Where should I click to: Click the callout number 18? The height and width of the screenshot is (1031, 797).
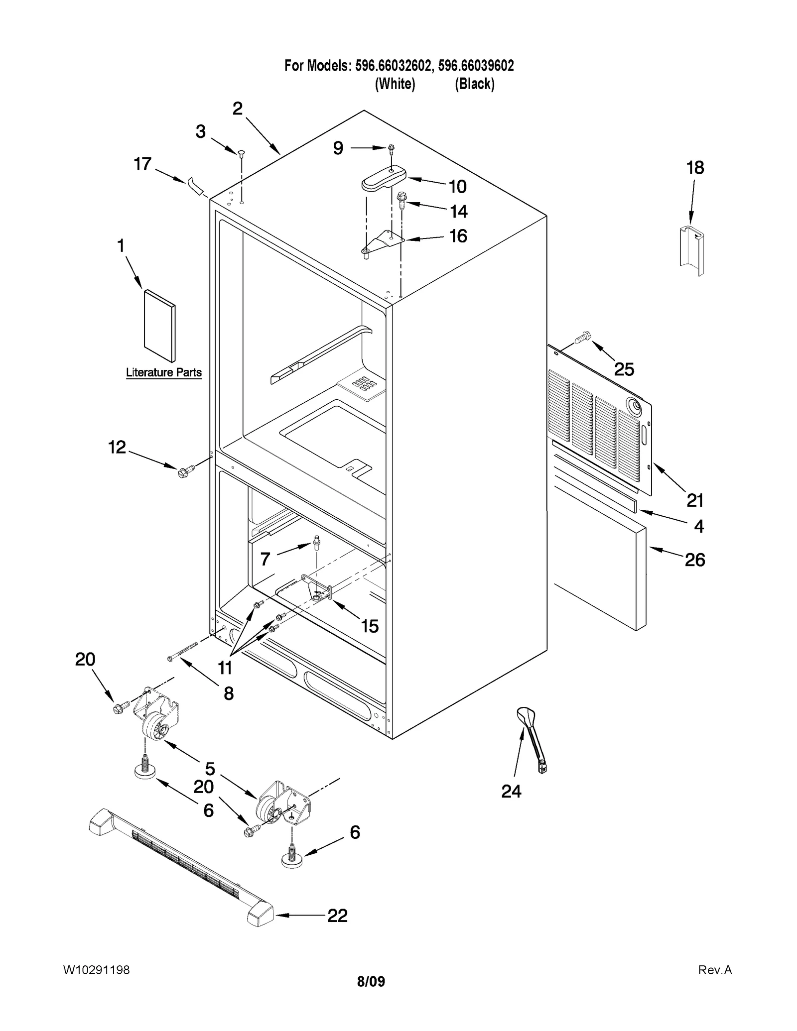pyautogui.click(x=695, y=168)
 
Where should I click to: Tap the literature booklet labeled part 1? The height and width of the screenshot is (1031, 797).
pyautogui.click(x=159, y=326)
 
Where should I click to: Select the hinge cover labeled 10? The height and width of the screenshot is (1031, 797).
pyautogui.click(x=383, y=179)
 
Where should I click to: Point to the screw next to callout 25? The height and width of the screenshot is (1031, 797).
pyautogui.click(x=582, y=339)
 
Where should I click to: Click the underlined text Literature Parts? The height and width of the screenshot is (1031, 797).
pyautogui.click(x=163, y=372)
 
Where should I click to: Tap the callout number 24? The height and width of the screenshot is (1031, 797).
pyautogui.click(x=511, y=791)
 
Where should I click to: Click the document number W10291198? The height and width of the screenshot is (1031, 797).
pyautogui.click(x=96, y=970)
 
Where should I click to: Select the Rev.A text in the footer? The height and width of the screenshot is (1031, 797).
pyautogui.click(x=715, y=970)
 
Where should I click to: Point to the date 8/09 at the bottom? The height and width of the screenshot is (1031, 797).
pyautogui.click(x=371, y=982)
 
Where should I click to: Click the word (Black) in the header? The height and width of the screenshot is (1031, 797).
pyautogui.click(x=474, y=84)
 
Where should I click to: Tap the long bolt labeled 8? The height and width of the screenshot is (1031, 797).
pyautogui.click(x=183, y=651)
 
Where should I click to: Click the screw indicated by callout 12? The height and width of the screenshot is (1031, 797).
pyautogui.click(x=184, y=470)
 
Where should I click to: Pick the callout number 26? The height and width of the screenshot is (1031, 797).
pyautogui.click(x=694, y=560)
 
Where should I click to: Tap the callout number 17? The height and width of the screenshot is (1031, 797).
pyautogui.click(x=142, y=164)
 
